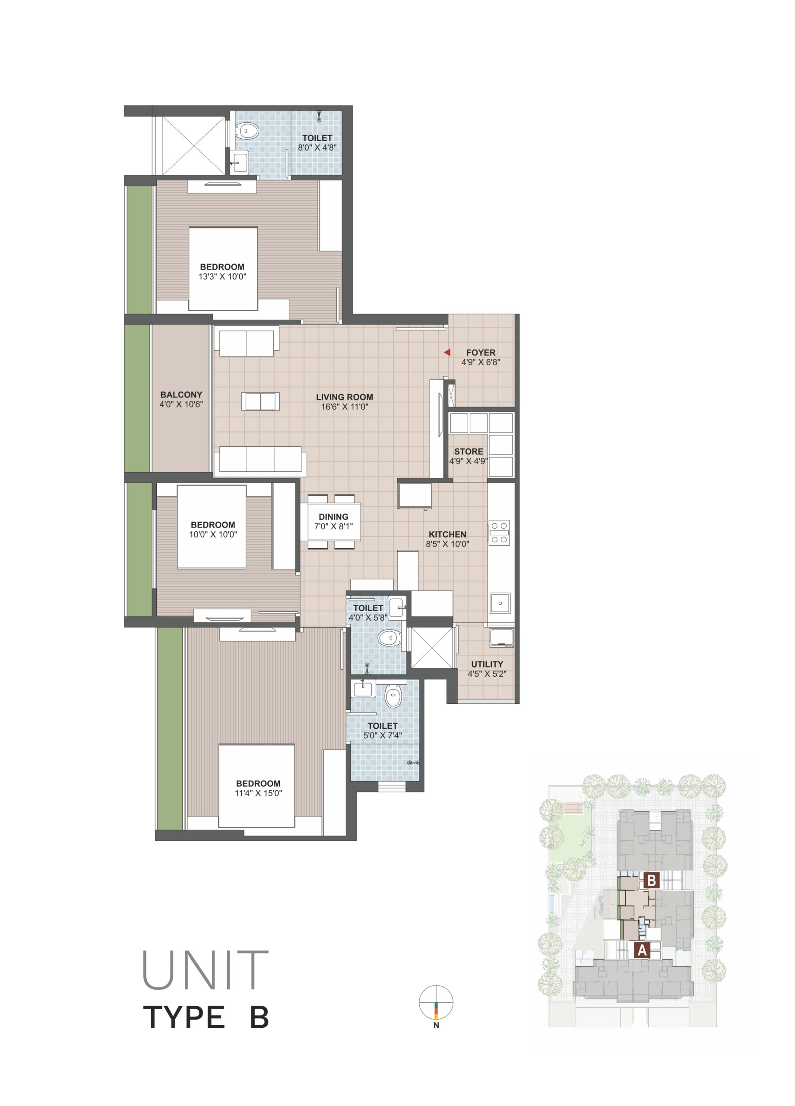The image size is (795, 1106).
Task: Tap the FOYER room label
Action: click(x=481, y=353)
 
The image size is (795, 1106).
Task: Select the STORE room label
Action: click(x=469, y=451)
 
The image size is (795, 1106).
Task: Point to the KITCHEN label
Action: click(x=447, y=534)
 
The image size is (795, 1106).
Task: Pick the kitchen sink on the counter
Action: click(x=500, y=603)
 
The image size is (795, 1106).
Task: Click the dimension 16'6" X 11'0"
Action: click(x=344, y=407)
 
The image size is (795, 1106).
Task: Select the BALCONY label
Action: click(x=181, y=394)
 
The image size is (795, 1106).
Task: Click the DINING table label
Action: click(x=333, y=517)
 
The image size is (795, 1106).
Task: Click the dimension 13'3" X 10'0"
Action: click(x=222, y=276)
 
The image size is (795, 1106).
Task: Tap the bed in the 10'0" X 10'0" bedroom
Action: click(x=212, y=526)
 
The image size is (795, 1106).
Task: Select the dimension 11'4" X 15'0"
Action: click(x=258, y=793)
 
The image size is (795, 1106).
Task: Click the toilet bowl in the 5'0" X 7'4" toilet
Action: click(x=393, y=696)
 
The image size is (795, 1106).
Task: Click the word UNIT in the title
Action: click(x=205, y=970)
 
